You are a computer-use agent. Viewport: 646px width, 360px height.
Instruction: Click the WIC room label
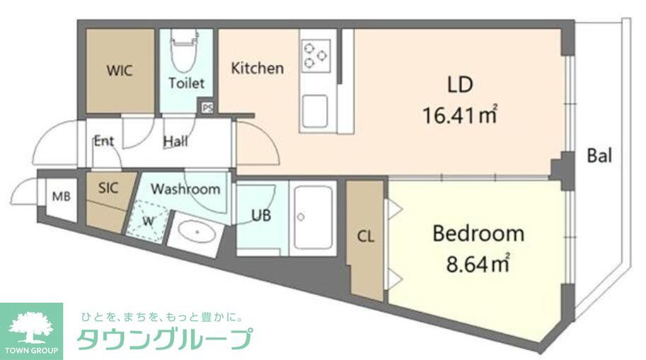[x=120, y=71]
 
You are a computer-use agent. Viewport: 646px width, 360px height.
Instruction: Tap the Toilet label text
[x=186, y=83]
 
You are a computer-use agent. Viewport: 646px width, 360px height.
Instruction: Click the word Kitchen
[x=258, y=69]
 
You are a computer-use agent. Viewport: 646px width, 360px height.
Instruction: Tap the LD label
[x=459, y=86]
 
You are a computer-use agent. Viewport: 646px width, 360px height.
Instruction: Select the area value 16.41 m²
[x=459, y=115]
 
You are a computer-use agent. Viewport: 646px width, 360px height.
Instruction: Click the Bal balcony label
[x=599, y=156]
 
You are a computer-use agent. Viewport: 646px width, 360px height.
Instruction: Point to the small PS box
[x=207, y=108]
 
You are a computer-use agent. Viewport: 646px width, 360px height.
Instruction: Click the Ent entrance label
[x=104, y=141]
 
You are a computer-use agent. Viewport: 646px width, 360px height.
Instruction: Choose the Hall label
[x=175, y=141]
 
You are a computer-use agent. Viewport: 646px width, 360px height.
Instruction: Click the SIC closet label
[x=108, y=188]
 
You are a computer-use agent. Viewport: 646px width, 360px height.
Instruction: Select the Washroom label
[x=185, y=190]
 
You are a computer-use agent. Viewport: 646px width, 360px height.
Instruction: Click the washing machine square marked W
[x=149, y=219]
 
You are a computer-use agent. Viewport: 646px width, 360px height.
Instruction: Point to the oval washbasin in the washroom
[x=195, y=231]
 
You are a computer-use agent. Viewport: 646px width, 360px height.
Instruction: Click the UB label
[x=261, y=216]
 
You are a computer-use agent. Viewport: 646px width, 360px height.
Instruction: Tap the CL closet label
[x=365, y=238]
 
